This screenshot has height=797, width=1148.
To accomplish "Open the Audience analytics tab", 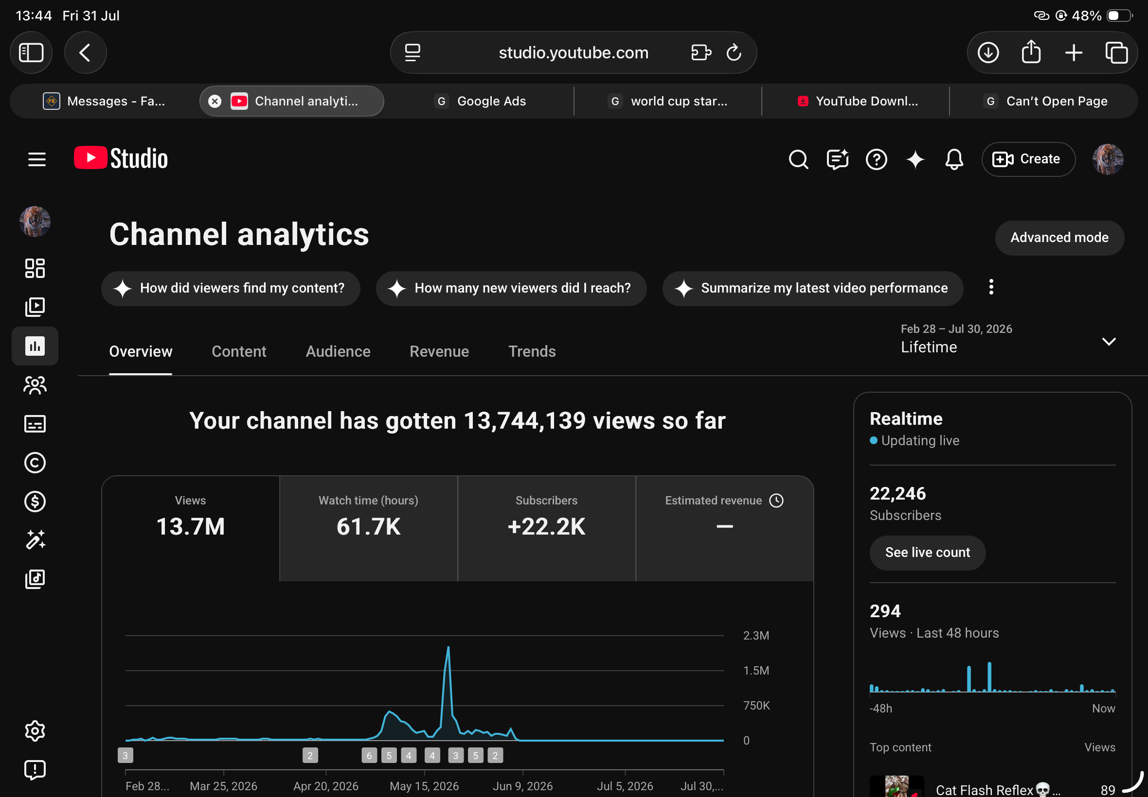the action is (x=338, y=351).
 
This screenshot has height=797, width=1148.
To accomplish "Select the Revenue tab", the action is (x=439, y=351).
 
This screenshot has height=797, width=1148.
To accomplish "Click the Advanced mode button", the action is (x=1059, y=238).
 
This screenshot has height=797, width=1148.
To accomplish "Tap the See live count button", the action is (x=927, y=552).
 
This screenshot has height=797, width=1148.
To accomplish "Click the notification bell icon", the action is (x=954, y=159).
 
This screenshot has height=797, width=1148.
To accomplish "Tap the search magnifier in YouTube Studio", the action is (x=798, y=159).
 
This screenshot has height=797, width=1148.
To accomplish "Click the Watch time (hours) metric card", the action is (x=368, y=528).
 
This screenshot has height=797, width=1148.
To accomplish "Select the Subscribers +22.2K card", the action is (x=546, y=528).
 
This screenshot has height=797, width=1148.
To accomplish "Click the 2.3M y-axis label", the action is (x=755, y=635).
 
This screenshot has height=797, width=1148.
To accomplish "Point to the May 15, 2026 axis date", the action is (x=424, y=785).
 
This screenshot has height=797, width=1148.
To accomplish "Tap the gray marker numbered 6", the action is (x=369, y=755).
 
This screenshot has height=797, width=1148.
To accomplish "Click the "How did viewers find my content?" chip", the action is (x=231, y=288).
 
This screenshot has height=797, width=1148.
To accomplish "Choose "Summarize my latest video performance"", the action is (x=812, y=288).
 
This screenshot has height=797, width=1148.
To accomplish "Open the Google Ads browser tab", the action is (x=480, y=102).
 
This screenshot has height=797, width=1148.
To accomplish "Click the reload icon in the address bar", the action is (x=733, y=52).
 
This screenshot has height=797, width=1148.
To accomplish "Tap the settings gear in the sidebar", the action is (x=35, y=730).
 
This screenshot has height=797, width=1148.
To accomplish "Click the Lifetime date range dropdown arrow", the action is (x=1109, y=342).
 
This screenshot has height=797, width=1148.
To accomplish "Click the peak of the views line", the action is (x=448, y=647).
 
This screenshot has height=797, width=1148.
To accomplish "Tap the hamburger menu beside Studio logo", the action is (x=36, y=159).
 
